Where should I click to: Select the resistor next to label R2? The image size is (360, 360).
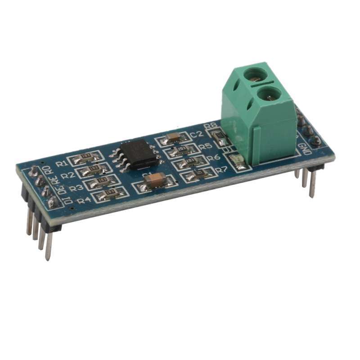point(94,169)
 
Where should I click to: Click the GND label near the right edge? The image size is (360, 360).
point(306,148)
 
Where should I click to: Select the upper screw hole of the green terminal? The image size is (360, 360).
point(259,72)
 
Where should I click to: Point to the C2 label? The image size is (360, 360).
point(196,134)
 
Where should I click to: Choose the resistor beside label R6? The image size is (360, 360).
point(189,161)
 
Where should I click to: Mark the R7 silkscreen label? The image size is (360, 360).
point(221,170)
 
